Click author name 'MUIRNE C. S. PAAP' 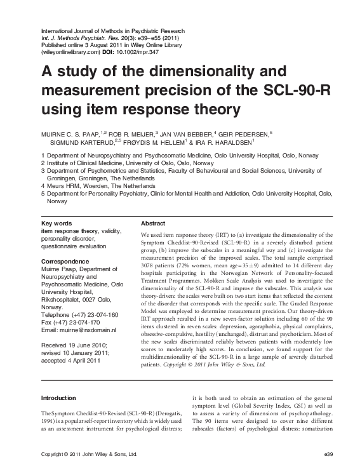click(72, 133)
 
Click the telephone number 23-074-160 click(101, 316)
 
